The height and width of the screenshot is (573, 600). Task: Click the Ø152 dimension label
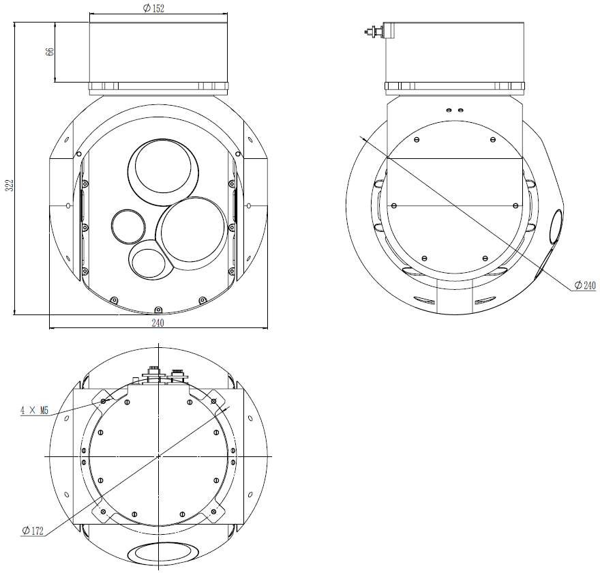pyautogui.click(x=153, y=8)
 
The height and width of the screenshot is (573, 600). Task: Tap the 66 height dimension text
pyautogui.click(x=50, y=52)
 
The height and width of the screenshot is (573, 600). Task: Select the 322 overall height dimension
pyautogui.click(x=10, y=185)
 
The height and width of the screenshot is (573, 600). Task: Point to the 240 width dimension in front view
pyautogui.click(x=157, y=323)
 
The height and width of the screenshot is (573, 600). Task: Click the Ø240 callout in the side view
pyautogui.click(x=585, y=285)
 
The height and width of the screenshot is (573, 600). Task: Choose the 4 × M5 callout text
pyautogui.click(x=35, y=411)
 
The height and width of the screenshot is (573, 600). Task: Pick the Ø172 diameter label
pyautogui.click(x=33, y=531)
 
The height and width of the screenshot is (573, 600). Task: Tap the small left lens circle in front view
pyautogui.click(x=128, y=226)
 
